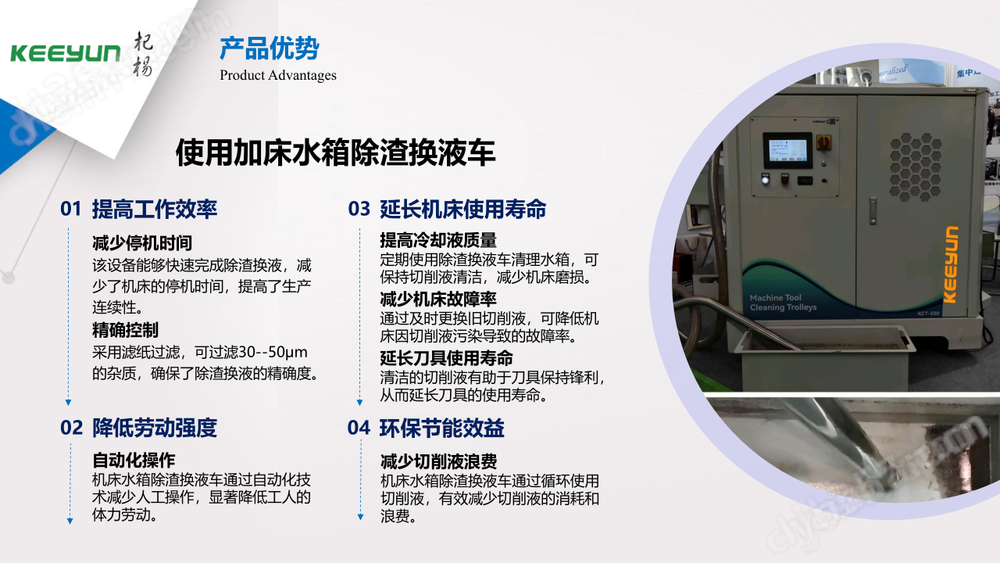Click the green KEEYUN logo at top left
(65, 54)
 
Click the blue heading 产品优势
(270, 48)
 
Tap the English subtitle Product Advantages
(277, 75)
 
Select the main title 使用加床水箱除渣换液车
(336, 152)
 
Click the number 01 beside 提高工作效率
(70, 209)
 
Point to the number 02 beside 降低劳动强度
(71, 428)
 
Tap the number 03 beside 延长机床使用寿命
(359, 209)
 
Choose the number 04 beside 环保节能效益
(359, 428)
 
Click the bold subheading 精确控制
(125, 330)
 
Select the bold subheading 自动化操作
(134, 460)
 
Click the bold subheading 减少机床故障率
(438, 299)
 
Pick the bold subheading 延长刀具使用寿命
(446, 358)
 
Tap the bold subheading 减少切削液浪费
(438, 461)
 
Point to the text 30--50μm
(273, 353)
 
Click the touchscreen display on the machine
(787, 150)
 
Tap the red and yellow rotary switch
(823, 142)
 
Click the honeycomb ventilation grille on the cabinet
(915, 167)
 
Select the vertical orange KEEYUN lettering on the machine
(951, 265)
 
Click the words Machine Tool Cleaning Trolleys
(783, 303)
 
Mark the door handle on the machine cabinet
(873, 210)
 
